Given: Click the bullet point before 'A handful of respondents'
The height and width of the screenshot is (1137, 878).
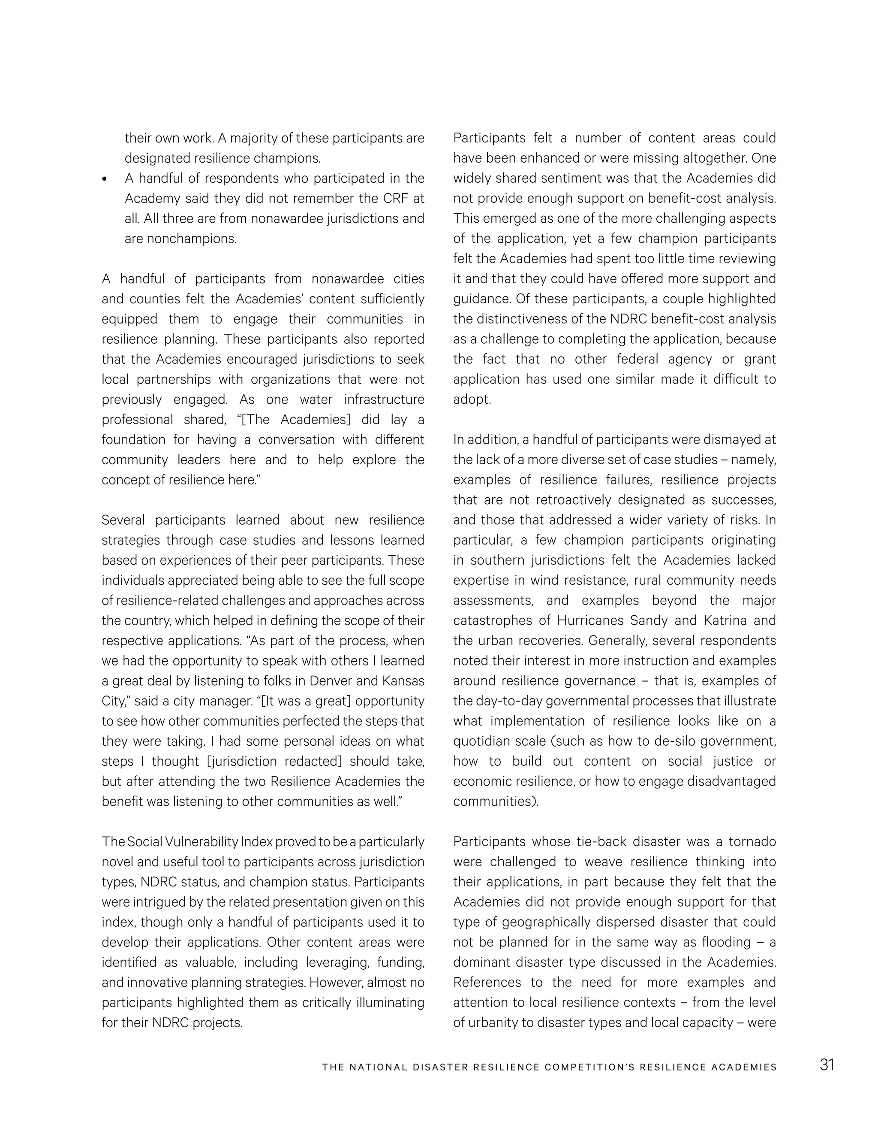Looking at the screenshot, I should (x=105, y=179).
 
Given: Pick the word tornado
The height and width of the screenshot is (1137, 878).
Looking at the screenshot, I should (x=752, y=842).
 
